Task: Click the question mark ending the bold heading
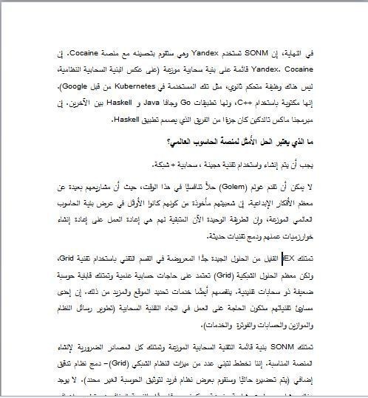click(168, 141)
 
